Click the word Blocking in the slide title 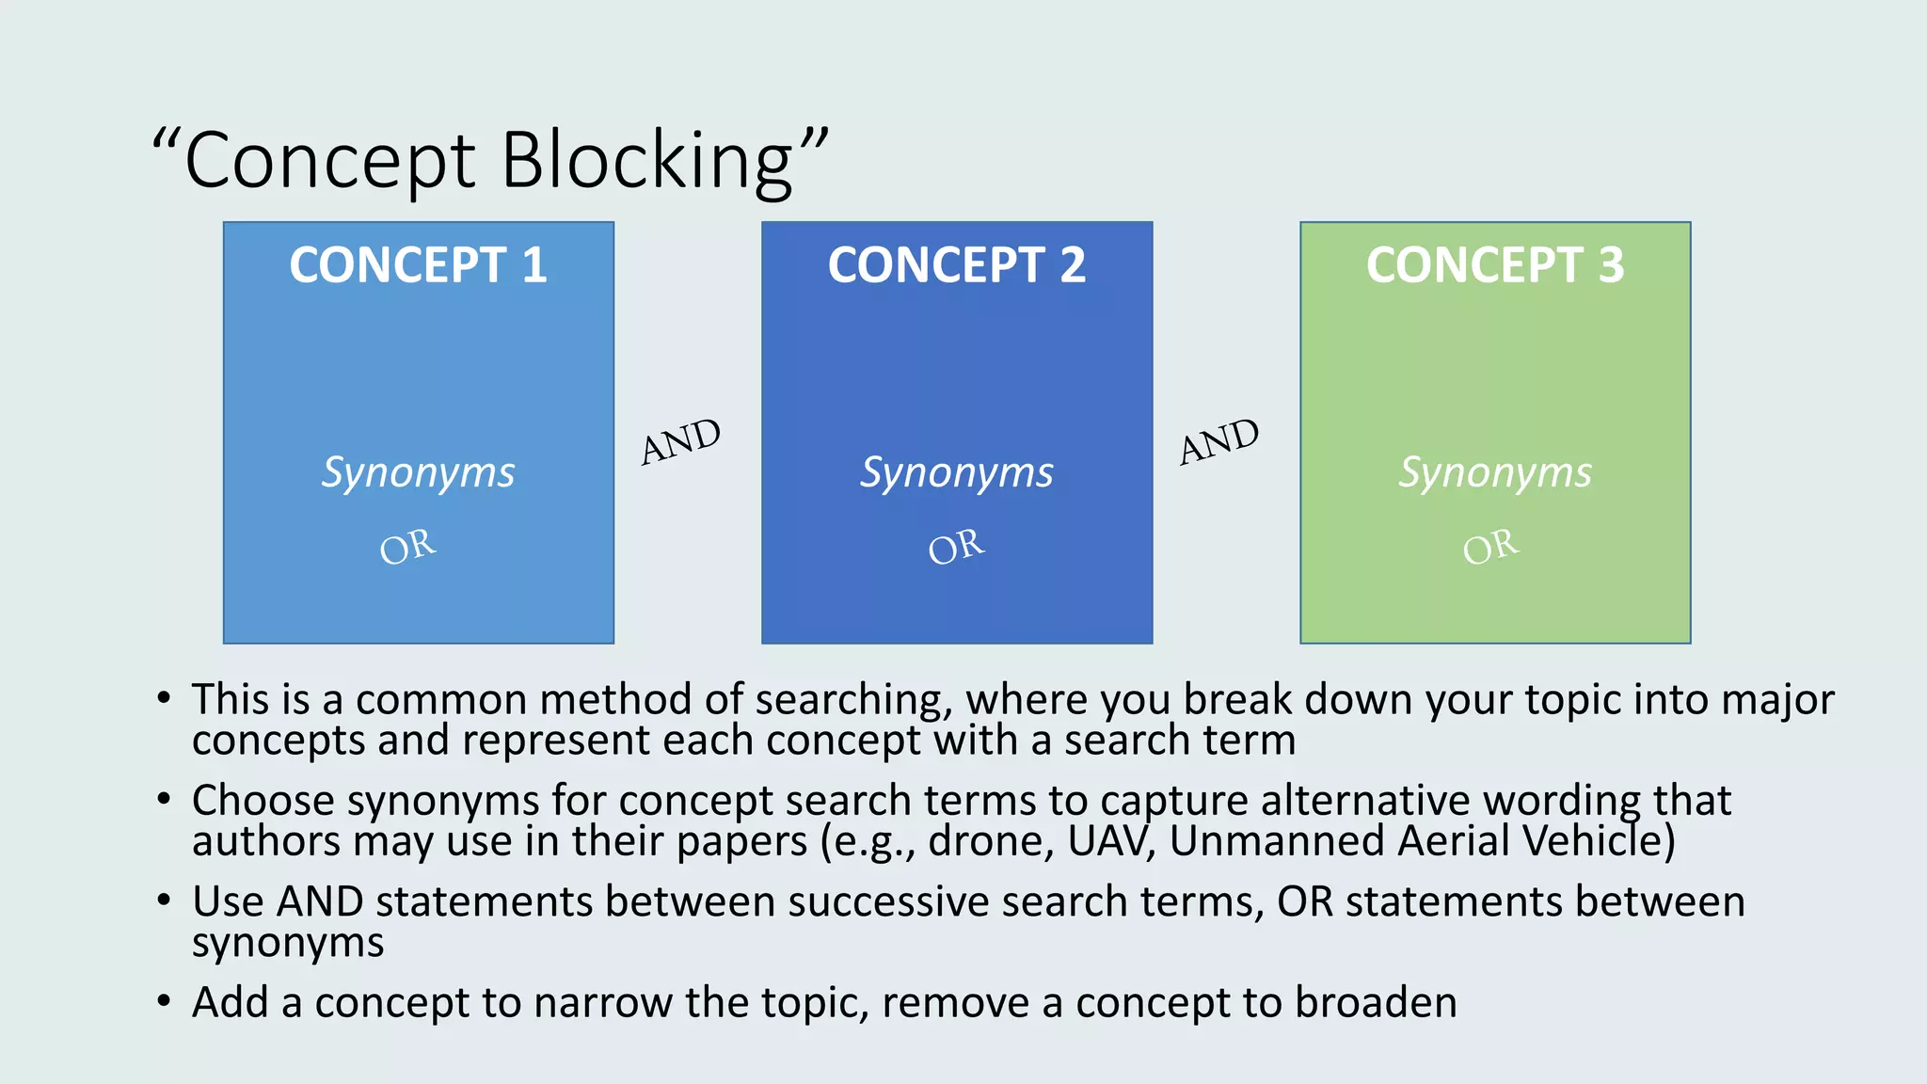pyautogui.click(x=648, y=162)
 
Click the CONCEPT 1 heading pyautogui.click(x=418, y=265)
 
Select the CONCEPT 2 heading pyautogui.click(x=956, y=265)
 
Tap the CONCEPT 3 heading pyautogui.click(x=1494, y=265)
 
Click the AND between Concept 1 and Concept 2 pyautogui.click(x=680, y=441)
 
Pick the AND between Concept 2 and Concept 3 pyautogui.click(x=1218, y=441)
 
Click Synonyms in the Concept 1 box pyautogui.click(x=418, y=472)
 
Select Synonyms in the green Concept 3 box pyautogui.click(x=1494, y=472)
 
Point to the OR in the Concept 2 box pyautogui.click(x=956, y=547)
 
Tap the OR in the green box pyautogui.click(x=1490, y=547)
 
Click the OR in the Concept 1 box pyautogui.click(x=407, y=547)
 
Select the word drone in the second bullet pyautogui.click(x=988, y=841)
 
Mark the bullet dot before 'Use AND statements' pyautogui.click(x=164, y=901)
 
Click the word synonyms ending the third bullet pyautogui.click(x=288, y=943)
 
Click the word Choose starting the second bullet pyautogui.click(x=263, y=802)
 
